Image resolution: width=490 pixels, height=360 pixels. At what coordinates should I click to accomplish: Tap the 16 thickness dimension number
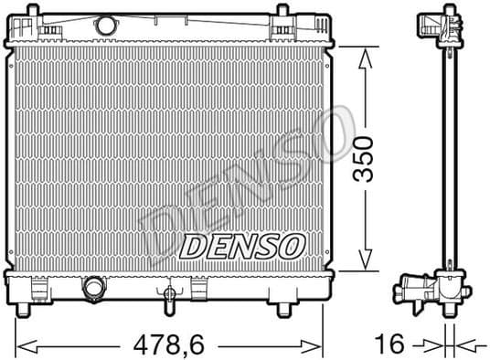point(390,344)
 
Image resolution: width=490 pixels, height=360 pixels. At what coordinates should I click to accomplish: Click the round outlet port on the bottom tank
point(94,290)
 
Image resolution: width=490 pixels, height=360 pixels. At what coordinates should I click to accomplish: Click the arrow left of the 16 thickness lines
point(433,344)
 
